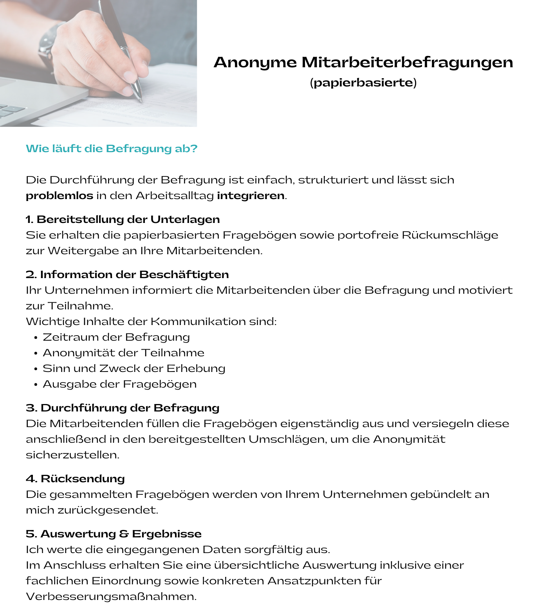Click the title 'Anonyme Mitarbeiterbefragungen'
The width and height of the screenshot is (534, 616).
363,63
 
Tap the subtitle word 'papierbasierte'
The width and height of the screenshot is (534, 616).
363,83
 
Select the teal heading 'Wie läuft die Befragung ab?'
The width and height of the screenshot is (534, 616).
112,149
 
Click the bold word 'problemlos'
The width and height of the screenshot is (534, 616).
60,196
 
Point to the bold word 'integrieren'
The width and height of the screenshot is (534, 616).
251,196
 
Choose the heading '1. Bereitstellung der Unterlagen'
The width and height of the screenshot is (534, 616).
123,219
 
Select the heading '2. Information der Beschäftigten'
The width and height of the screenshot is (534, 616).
127,275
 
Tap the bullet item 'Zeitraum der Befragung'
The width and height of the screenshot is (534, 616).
116,337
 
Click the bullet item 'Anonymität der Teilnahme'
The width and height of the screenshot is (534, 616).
123,353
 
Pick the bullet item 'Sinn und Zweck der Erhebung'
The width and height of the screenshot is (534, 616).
134,368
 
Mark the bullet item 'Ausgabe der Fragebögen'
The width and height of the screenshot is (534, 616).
119,384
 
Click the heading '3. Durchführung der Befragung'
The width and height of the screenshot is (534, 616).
123,408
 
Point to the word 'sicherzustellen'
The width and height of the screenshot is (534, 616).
72,455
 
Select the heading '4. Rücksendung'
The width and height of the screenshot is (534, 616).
75,479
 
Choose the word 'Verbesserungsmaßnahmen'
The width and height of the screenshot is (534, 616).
110,596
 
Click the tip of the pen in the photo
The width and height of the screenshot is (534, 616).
141,101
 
